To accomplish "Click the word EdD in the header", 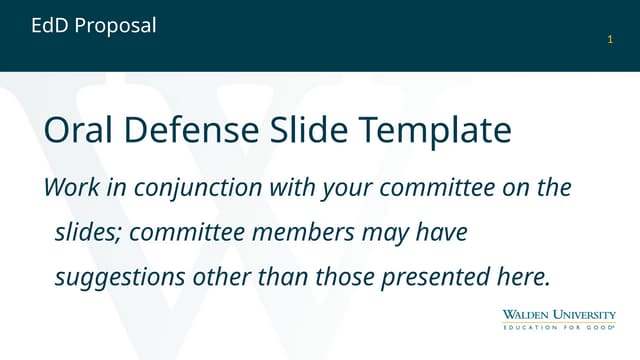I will tap(50, 26).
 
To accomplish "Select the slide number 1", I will tap(610, 39).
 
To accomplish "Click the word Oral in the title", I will tap(79, 131).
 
